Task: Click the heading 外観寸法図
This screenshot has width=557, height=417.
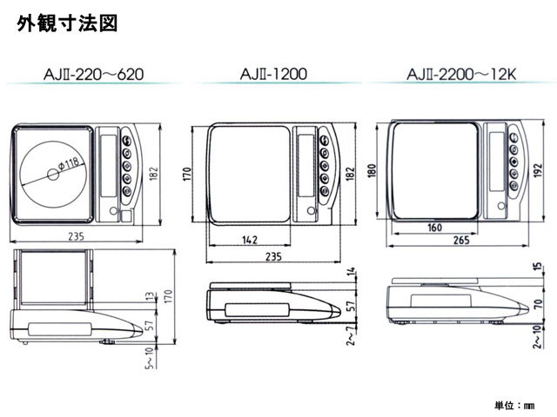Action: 67,23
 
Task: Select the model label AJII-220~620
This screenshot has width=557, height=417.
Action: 93,75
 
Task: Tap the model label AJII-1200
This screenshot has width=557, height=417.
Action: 273,74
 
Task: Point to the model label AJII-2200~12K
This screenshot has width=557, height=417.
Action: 461,75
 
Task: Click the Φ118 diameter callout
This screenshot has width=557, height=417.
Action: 68,164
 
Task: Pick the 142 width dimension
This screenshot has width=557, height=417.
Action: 250,240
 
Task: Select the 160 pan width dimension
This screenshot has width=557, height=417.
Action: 435,228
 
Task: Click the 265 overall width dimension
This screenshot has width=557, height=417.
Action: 461,240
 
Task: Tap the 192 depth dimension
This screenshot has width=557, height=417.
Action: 538,170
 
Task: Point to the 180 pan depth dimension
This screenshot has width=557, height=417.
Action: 372,170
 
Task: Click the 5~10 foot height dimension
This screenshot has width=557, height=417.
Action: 150,358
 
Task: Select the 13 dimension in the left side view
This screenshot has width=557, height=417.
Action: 151,296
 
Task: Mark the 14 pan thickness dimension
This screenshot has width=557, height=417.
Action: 351,272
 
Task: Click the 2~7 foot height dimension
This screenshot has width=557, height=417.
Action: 351,336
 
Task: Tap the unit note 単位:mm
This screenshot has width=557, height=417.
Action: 514,405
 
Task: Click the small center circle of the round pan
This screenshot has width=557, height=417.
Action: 53,174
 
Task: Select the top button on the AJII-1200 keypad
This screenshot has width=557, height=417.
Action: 324,141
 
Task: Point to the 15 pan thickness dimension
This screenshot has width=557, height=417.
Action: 538,267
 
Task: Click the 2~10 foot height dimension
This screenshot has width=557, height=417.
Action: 538,336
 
